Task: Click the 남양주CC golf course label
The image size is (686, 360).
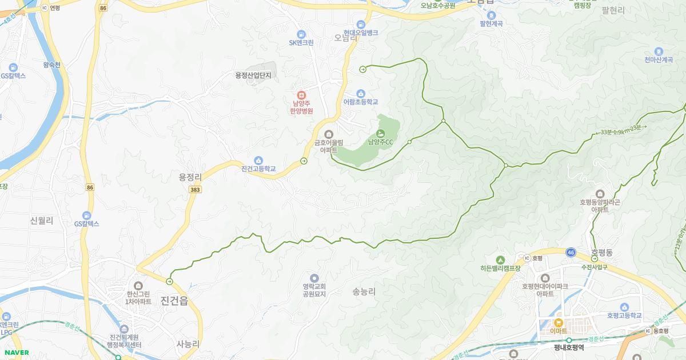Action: (380, 142)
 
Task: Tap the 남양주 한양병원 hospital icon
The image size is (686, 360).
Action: (301, 95)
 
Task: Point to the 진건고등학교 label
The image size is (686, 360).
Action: (258, 169)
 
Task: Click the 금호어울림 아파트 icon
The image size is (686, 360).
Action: (328, 134)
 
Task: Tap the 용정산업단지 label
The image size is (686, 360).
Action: (253, 75)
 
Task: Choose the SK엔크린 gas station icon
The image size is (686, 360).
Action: (301, 34)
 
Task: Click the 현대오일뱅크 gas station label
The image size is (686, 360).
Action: (361, 33)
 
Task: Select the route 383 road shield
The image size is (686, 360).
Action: (196, 189)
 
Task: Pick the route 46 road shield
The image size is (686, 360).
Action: (571, 252)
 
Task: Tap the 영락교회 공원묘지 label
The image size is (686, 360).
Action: (314, 290)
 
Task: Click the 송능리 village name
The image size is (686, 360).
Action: (364, 291)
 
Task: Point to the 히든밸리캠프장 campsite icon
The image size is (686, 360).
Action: (500, 259)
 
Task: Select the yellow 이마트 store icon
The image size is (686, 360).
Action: (559, 322)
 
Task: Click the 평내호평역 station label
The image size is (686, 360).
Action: (569, 347)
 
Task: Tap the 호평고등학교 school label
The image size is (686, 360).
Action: (624, 315)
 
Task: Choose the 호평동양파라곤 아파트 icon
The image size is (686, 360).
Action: (600, 194)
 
